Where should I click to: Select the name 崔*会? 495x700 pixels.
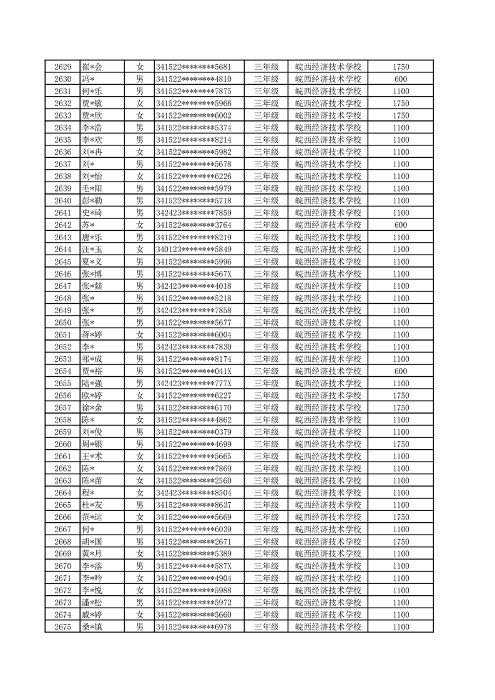[92, 67]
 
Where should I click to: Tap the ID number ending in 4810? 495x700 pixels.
[194, 79]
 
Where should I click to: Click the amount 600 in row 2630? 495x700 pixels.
[401, 79]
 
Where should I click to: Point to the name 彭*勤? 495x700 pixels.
[92, 201]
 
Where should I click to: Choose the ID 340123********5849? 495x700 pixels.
[194, 250]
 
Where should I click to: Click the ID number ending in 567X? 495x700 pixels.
[194, 274]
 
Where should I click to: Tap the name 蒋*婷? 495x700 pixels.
[92, 335]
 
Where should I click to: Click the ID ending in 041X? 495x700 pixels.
[194, 371]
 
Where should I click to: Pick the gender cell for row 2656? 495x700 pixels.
[140, 396]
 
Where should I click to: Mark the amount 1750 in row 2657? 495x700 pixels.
[401, 408]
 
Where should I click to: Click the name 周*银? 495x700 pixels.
[92, 444]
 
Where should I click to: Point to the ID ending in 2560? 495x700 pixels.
[194, 481]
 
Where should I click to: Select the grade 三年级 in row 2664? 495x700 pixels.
[266, 493]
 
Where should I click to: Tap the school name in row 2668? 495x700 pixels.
[328, 542]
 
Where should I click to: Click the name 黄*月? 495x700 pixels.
[92, 554]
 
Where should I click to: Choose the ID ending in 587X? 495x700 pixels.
[194, 566]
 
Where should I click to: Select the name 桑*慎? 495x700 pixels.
[92, 627]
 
